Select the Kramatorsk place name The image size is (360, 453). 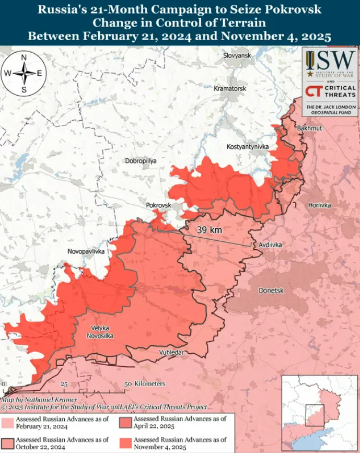pyautogui.click(x=230, y=89)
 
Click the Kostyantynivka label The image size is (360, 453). pyautogui.click(x=248, y=147)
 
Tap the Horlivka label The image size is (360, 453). pyautogui.click(x=319, y=205)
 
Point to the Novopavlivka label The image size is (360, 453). pyautogui.click(x=86, y=252)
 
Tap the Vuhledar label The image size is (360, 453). pyautogui.click(x=171, y=353)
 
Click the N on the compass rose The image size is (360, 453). pyautogui.click(x=24, y=58)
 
